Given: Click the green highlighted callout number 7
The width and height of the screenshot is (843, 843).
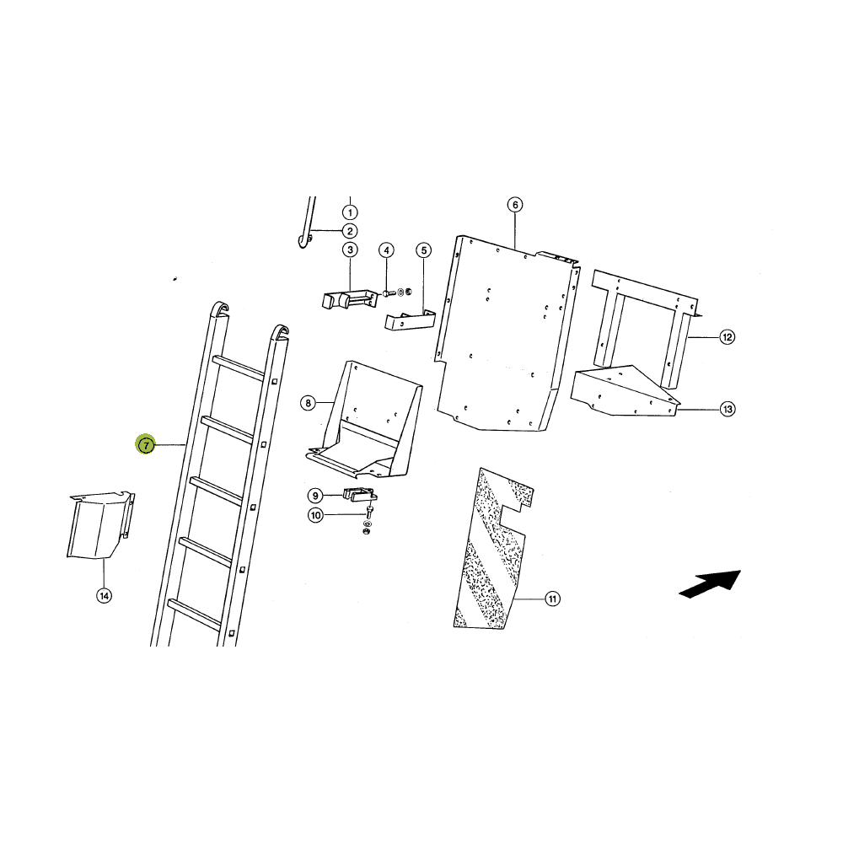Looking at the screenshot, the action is tap(146, 444).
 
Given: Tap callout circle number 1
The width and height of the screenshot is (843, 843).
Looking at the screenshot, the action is tap(350, 212).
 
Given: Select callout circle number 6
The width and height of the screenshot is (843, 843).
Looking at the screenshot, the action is tap(515, 205).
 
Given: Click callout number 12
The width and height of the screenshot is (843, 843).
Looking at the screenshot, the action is tap(727, 337).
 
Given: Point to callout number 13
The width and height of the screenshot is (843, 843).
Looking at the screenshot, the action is tap(728, 409).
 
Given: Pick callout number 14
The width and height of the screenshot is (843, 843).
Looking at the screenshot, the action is tap(105, 596).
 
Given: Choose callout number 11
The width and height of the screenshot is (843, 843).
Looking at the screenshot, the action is tap(553, 599).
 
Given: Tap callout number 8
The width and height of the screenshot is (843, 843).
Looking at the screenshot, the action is tap(308, 403).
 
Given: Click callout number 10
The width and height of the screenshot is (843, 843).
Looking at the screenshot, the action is tap(315, 515).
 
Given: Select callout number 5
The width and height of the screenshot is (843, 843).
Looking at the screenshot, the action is tap(424, 250).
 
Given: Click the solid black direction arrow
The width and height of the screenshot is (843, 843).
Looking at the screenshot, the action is tap(710, 584).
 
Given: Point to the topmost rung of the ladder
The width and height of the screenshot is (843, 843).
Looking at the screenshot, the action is tap(239, 368).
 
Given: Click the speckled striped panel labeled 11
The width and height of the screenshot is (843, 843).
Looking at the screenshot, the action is tap(492, 549).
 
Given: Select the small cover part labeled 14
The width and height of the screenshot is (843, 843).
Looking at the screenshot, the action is tap(100, 524).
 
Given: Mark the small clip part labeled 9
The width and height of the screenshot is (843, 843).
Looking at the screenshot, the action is tap(360, 493).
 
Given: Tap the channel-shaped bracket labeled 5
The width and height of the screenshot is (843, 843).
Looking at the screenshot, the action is tap(411, 320).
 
